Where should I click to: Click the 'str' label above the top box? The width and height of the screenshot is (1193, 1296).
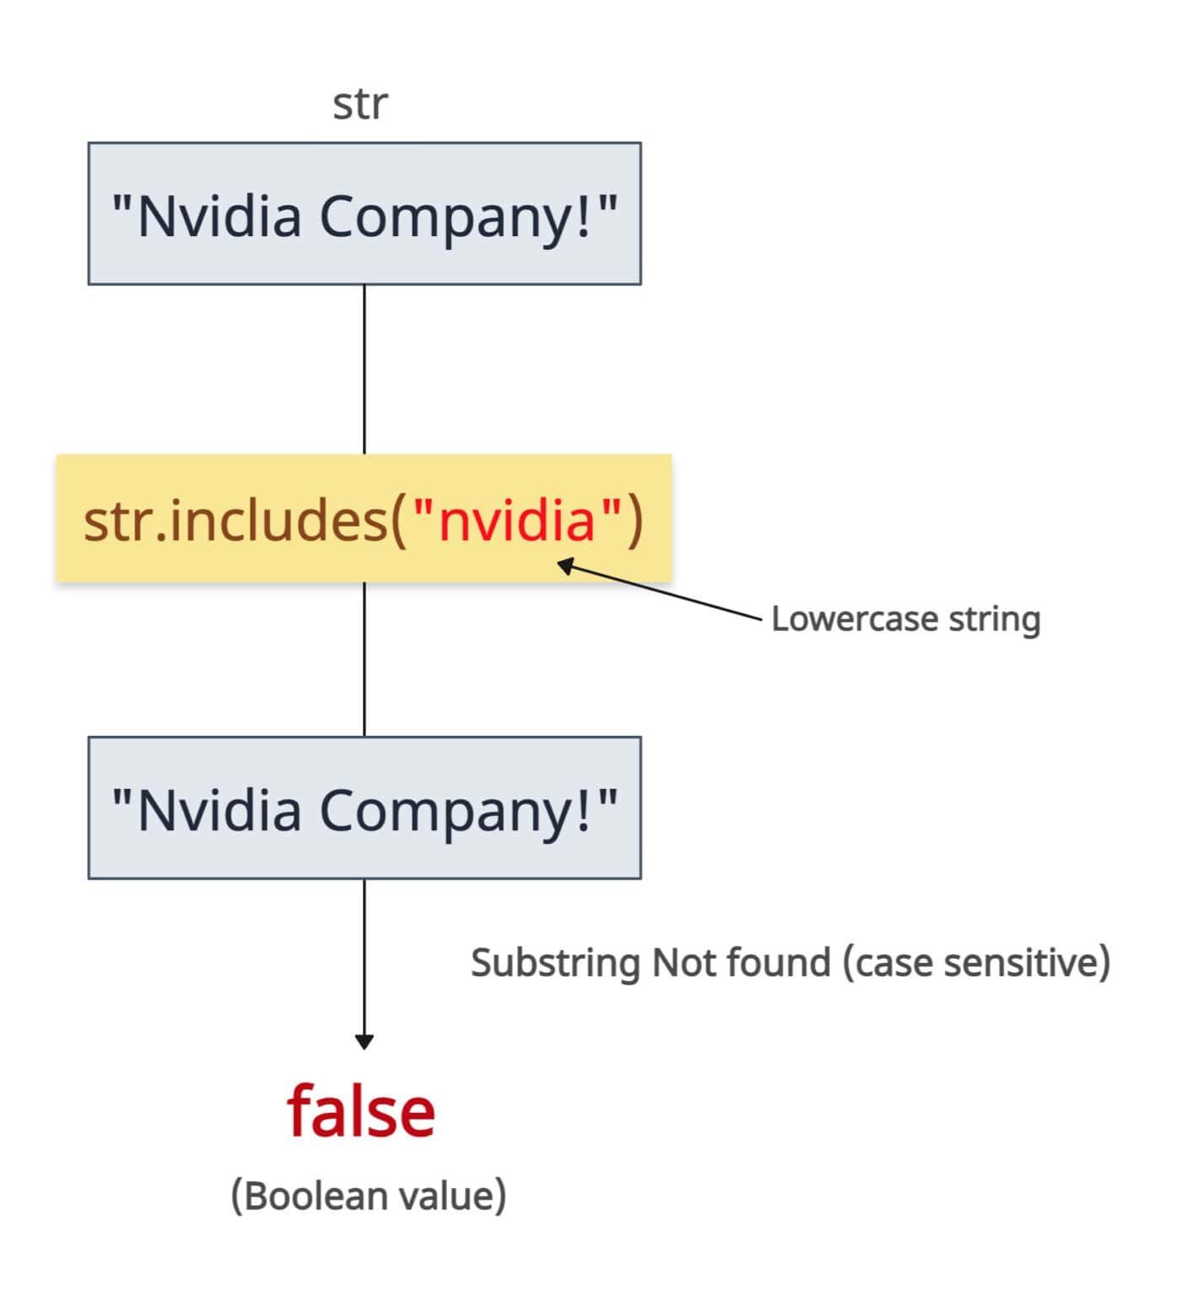point(360,105)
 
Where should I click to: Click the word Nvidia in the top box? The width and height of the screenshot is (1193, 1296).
point(219,216)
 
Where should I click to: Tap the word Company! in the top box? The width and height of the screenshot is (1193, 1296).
point(456,216)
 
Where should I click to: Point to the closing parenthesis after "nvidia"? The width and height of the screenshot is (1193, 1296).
point(634,521)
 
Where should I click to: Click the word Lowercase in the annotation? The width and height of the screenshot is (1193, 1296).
point(854,619)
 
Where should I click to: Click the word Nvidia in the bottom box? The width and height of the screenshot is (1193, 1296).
point(219,810)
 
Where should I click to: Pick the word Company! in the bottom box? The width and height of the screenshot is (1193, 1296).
point(456,810)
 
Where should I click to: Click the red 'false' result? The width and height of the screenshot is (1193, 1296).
point(361,1112)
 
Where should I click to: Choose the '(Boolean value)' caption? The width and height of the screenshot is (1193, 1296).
point(369,1196)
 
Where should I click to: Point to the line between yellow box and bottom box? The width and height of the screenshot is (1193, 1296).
point(364,658)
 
